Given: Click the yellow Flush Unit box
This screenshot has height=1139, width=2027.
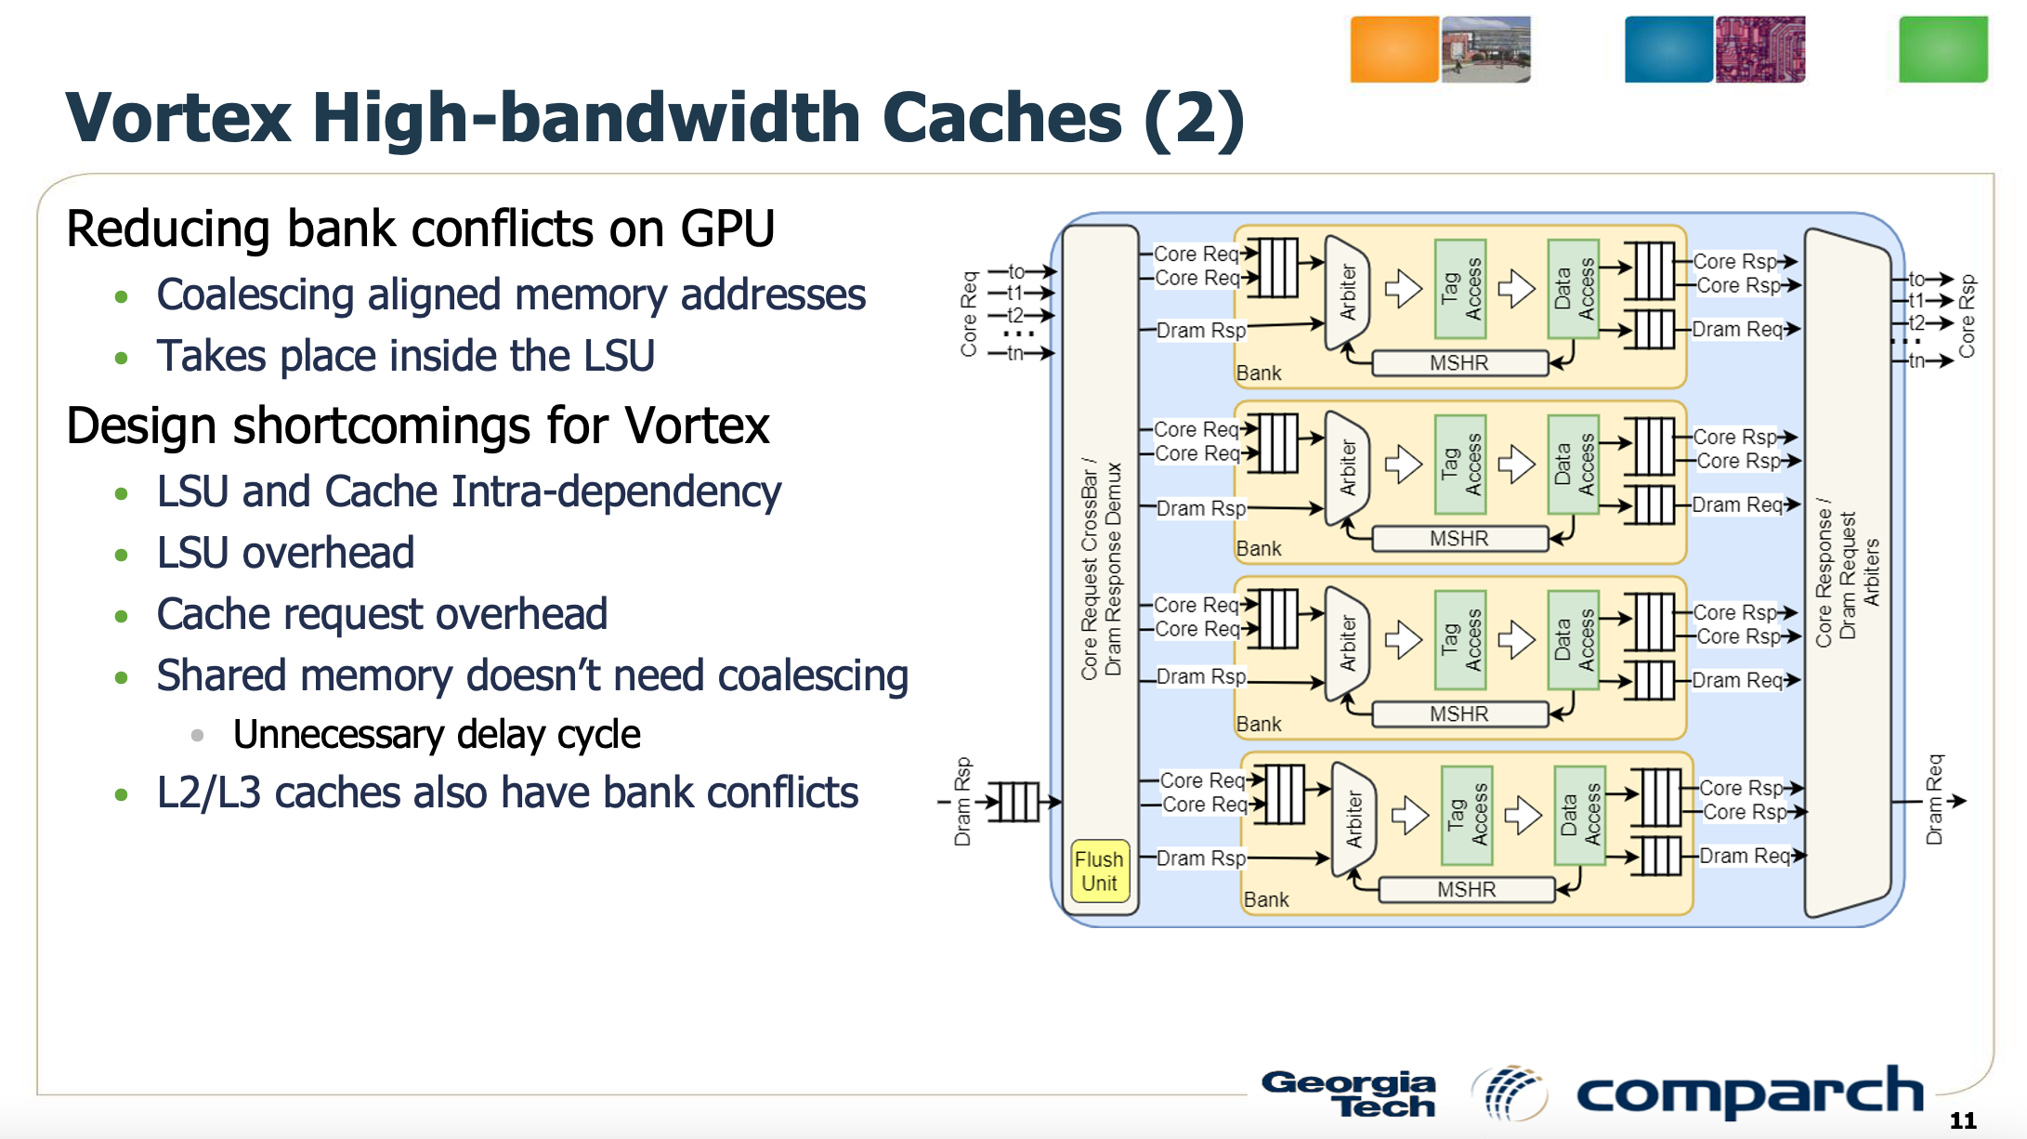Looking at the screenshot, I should click(1100, 871).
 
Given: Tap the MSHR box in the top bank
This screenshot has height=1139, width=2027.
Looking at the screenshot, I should click(1458, 363).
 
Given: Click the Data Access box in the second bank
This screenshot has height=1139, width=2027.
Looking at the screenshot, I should click(1574, 464).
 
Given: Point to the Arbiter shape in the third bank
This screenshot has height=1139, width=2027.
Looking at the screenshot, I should click(1348, 642).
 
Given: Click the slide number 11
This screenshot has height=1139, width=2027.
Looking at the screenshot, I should click(1962, 1120).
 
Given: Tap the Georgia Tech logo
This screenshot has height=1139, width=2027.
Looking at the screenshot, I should click(1349, 1093).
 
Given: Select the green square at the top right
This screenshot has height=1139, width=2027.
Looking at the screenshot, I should click(1942, 49).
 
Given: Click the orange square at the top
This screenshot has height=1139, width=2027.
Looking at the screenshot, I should click(1393, 49).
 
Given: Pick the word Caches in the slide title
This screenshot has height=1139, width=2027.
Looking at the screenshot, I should click(1001, 118).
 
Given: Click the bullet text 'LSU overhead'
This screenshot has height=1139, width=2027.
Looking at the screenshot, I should click(285, 553).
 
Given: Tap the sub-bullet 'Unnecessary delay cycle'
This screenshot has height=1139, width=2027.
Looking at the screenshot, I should click(437, 735).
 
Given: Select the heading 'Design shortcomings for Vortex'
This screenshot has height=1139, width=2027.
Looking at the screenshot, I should click(418, 426).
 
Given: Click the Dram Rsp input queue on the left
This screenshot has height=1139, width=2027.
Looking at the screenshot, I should click(1013, 802).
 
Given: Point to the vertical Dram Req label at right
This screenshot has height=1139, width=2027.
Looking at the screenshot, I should click(1934, 800).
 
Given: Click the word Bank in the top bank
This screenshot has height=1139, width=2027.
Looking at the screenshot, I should click(1259, 373).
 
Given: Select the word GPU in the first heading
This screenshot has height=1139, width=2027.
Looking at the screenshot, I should click(727, 229).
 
